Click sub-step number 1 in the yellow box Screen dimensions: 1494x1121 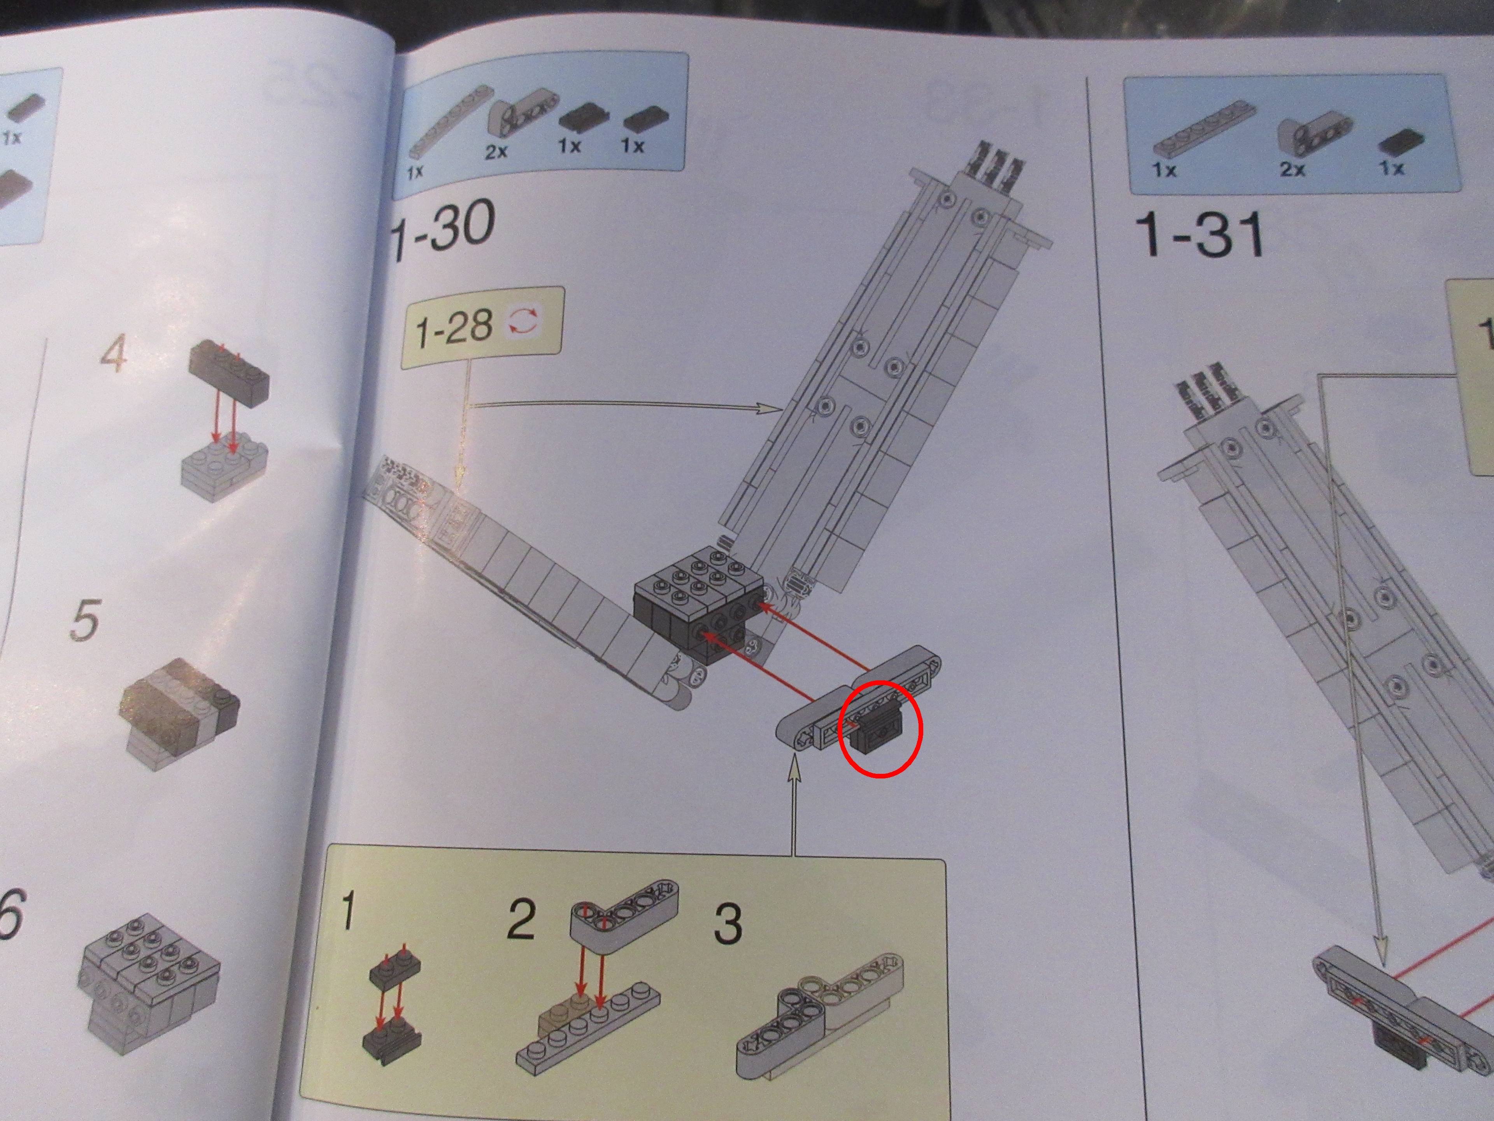(x=347, y=910)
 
